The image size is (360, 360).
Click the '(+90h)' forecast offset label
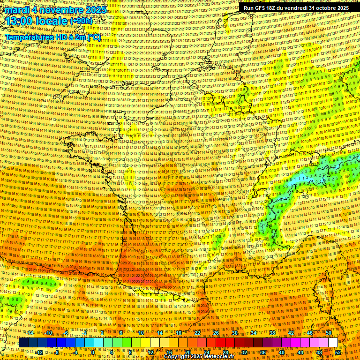[81, 21]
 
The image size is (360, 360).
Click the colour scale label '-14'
[30, 333]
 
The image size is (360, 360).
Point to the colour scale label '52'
[338, 352]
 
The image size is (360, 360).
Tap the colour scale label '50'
[329, 333]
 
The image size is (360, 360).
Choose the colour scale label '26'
[216, 333]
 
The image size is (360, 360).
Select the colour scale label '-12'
[39, 352]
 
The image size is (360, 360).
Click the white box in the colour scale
[333, 343]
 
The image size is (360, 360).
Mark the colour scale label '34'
[254, 333]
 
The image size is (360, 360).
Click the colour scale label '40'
[282, 352]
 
